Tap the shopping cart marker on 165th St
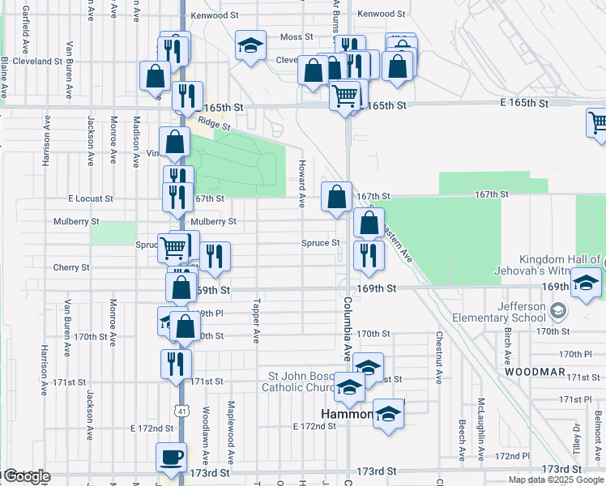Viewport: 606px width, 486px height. pos(345,96)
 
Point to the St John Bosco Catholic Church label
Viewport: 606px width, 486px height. pos(305,382)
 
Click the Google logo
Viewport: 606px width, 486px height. pos(26,476)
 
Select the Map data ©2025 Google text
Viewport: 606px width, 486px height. pos(556,480)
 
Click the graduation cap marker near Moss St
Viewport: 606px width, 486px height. pos(250,46)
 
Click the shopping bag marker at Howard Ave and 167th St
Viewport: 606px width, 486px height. pos(336,197)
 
